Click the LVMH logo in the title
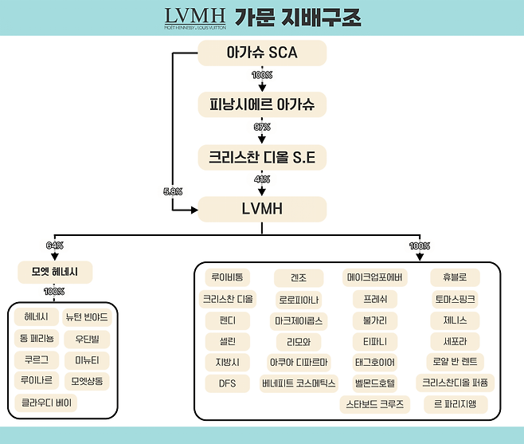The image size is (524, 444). (x=194, y=17)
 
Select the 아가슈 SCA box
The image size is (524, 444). (x=262, y=53)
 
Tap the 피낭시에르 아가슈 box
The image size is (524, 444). (x=262, y=105)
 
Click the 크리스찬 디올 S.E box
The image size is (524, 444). (x=262, y=158)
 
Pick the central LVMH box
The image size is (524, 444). (x=262, y=210)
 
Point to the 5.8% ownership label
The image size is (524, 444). (x=171, y=191)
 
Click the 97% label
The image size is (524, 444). (x=262, y=127)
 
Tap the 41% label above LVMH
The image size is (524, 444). (x=262, y=179)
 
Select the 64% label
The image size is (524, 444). (x=55, y=246)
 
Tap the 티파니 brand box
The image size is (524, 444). (x=374, y=341)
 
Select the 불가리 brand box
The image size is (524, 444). (x=374, y=320)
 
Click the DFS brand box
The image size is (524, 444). (x=227, y=383)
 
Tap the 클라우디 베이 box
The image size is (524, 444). (x=46, y=402)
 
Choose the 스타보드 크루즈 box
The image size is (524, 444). (x=374, y=403)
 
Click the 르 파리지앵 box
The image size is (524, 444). (x=454, y=403)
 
